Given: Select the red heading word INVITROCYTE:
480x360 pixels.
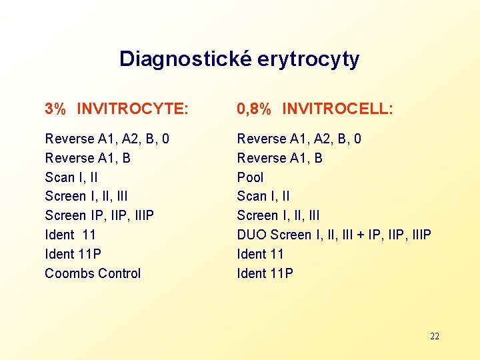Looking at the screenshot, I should pyautogui.click(x=133, y=109).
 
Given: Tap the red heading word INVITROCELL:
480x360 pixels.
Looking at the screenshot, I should pyautogui.click(x=337, y=109).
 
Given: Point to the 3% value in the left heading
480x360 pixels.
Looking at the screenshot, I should pyautogui.click(x=55, y=109).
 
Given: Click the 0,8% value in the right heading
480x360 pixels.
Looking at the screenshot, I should pyautogui.click(x=254, y=109).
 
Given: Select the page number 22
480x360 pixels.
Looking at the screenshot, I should pyautogui.click(x=435, y=336).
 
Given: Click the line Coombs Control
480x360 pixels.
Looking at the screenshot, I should pyautogui.click(x=93, y=273).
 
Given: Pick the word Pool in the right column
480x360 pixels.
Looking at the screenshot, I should pyautogui.click(x=250, y=177).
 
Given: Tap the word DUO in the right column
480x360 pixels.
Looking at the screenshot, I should pyautogui.click(x=252, y=235).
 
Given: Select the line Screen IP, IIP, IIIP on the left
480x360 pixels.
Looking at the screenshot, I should pyautogui.click(x=99, y=215).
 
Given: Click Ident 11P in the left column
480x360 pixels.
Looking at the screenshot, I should pyautogui.click(x=73, y=254).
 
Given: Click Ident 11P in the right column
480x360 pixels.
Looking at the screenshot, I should pyautogui.click(x=265, y=273).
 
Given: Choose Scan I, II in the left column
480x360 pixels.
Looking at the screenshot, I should pyautogui.click(x=71, y=177).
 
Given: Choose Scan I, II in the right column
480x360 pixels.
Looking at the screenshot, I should pyautogui.click(x=263, y=196).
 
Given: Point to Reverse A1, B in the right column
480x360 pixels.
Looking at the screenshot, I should pyautogui.click(x=279, y=158).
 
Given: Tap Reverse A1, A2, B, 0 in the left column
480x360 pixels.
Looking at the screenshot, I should pyautogui.click(x=107, y=139).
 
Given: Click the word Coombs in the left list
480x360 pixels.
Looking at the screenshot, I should pyautogui.click(x=68, y=273).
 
